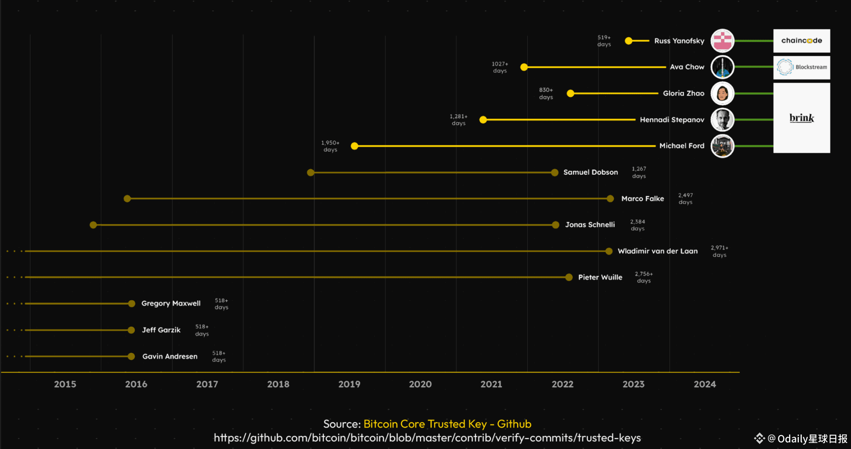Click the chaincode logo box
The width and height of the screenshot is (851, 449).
801,40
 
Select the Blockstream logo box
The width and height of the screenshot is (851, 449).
801,67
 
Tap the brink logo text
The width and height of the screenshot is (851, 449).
801,118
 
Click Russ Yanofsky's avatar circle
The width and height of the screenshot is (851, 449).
722,41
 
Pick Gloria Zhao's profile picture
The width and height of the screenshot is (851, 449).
722,93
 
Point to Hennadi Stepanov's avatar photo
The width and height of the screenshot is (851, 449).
722,120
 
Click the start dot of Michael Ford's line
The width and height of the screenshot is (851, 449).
354,146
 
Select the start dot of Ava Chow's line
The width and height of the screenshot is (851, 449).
524,67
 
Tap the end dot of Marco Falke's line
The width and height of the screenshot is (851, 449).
610,199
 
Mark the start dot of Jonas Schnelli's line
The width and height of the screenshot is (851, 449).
93,225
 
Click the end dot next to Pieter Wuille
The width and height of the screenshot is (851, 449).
569,277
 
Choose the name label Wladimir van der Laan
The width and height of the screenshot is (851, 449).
657,251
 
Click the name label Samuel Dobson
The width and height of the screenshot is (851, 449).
590,172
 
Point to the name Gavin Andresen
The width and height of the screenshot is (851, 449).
169,356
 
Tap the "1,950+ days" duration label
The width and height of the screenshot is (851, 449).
330,146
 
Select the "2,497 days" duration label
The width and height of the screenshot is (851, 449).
685,199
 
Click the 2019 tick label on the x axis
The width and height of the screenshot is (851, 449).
349,384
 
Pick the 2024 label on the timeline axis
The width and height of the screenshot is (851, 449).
704,384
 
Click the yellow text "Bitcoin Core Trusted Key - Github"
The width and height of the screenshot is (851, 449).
447,424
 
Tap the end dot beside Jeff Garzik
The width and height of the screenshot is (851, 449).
131,330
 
